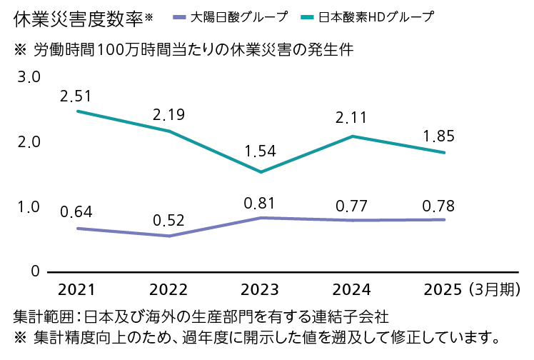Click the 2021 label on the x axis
(x=76, y=289)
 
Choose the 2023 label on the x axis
(x=260, y=289)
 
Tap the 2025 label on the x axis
(x=443, y=289)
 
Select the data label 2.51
(x=76, y=95)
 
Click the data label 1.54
(x=260, y=151)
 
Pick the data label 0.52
(x=168, y=219)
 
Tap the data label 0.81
(x=260, y=202)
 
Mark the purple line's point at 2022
(x=168, y=236)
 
